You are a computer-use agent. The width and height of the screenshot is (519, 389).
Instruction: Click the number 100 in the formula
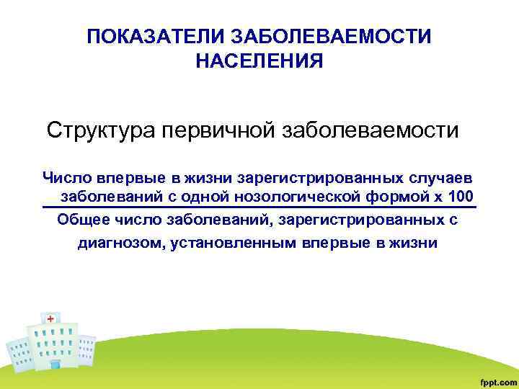[x=461, y=197]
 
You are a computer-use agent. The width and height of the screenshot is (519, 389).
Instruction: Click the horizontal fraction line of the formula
[x=259, y=208]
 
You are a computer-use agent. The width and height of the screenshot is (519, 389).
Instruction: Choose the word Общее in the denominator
[x=81, y=220]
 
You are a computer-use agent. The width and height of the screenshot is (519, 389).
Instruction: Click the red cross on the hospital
[x=50, y=319]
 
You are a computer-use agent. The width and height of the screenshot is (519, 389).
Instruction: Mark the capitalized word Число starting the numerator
[x=64, y=177]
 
